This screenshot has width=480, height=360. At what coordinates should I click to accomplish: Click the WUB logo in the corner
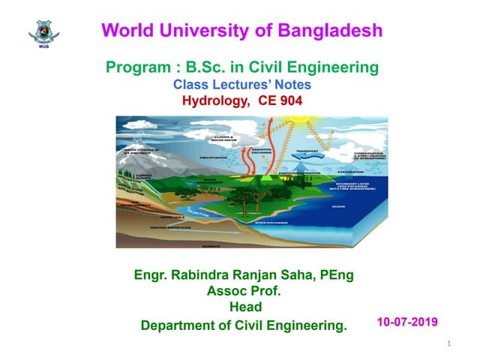pyautogui.click(x=43, y=32)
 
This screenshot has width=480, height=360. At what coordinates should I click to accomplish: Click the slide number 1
pyautogui.click(x=447, y=344)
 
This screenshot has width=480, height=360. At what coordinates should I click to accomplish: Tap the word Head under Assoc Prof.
pyautogui.click(x=245, y=307)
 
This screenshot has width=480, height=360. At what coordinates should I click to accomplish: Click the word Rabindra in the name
pyautogui.click(x=206, y=275)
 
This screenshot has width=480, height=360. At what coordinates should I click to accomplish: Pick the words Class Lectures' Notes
pyautogui.click(x=242, y=85)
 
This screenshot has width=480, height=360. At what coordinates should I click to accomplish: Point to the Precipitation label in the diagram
pyautogui.click(x=193, y=157)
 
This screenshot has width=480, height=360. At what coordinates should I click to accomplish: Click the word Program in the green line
pyautogui.click(x=138, y=68)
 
